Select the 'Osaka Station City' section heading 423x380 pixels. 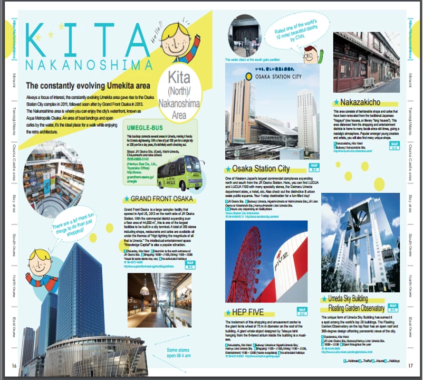click(x=261, y=169)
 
